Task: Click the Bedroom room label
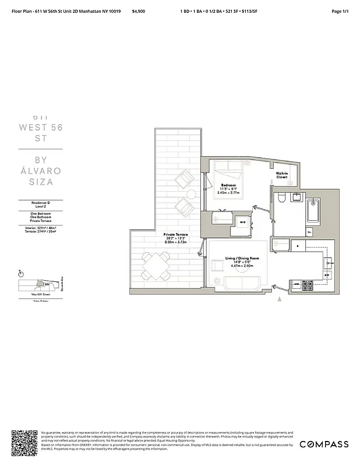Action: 228,185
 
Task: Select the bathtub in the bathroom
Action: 312,213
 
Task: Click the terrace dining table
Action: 154,267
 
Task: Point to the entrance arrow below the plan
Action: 280,299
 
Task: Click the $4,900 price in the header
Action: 139,11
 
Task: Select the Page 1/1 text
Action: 339,11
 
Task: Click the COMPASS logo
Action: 324,444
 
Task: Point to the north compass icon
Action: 21,273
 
